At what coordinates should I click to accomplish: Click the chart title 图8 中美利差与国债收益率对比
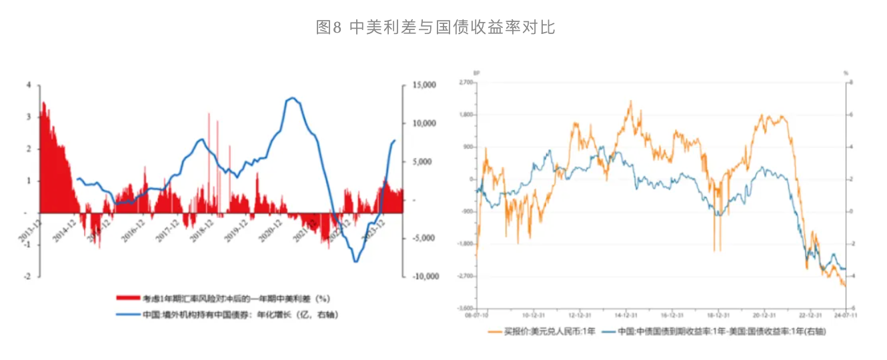[x=435, y=27]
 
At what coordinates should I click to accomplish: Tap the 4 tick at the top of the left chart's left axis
[x=29, y=85]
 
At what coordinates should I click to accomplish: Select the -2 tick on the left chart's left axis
[x=27, y=276]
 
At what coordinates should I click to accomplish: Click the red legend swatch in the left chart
[x=128, y=299]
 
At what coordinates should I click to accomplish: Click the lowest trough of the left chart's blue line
[x=355, y=261]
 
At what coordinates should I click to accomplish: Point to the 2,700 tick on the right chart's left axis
[x=466, y=82]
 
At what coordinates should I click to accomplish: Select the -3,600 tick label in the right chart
[x=466, y=308]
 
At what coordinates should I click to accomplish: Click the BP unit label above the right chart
[x=476, y=72]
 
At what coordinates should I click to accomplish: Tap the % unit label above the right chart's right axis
[x=846, y=72]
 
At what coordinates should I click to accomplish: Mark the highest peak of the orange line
[x=630, y=101]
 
